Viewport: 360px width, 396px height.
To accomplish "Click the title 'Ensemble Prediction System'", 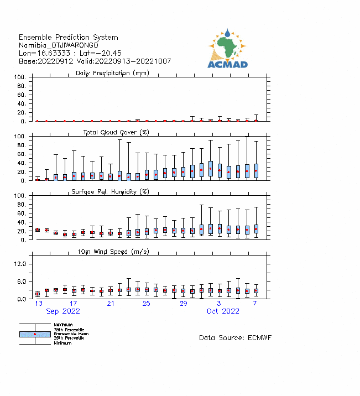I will [68, 37].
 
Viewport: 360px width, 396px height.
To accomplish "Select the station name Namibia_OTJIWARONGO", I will [59, 45].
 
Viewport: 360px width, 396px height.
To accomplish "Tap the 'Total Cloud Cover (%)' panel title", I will [116, 132].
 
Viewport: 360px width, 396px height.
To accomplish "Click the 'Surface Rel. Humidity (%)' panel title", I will [111, 191].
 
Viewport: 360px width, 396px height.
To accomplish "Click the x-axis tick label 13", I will [39, 304].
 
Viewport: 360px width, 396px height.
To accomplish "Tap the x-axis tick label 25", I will [146, 304].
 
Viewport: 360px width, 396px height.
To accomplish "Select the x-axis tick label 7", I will [255, 304].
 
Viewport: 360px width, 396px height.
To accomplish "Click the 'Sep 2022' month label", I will [63, 311].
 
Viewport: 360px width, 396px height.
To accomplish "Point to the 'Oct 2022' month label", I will [223, 311].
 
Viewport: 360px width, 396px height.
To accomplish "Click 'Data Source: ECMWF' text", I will [235, 337].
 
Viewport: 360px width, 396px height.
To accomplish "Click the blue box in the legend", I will [35, 334].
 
